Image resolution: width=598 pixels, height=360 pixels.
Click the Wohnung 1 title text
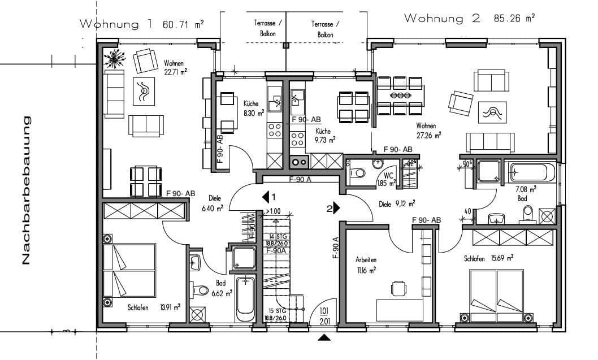116,24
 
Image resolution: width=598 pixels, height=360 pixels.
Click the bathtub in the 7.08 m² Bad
531,172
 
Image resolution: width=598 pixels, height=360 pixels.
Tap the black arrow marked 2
336,208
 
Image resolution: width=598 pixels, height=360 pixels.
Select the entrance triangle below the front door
324,338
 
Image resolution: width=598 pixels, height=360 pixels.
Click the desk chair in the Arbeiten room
399,289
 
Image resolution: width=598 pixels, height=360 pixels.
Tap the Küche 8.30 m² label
253,108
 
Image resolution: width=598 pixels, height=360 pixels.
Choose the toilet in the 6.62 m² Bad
200,289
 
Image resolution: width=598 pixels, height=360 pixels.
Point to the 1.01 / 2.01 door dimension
324,316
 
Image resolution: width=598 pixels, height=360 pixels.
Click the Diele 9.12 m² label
397,203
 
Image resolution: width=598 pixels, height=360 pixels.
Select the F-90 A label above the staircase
301,180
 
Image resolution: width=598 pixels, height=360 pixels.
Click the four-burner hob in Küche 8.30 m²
275,130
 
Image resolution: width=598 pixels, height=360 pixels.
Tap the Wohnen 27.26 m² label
428,129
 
